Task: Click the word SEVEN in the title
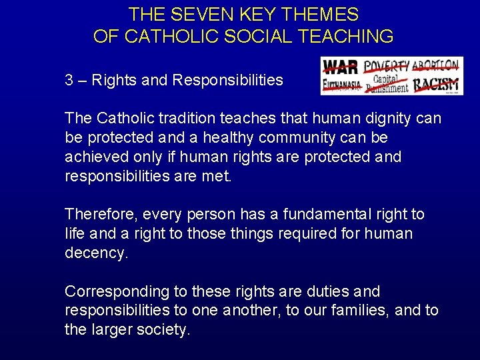click(195, 15)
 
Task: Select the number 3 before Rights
click(69, 81)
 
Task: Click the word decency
click(96, 254)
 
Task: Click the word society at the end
click(164, 331)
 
